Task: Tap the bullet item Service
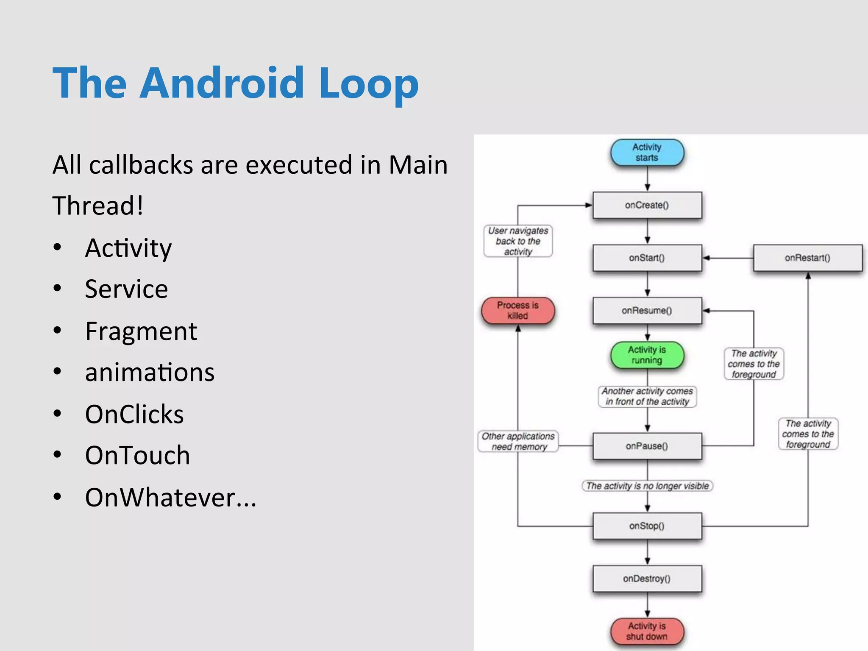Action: [126, 289]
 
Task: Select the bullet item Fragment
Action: [141, 331]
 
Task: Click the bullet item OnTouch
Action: [137, 455]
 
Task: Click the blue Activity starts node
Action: [647, 152]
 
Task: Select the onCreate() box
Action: [647, 205]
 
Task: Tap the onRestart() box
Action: [807, 258]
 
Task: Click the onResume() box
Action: [647, 311]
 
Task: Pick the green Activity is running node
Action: [647, 355]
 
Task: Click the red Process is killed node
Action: [518, 310]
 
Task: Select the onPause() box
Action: [647, 446]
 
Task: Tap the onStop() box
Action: [647, 526]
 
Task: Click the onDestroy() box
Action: [647, 579]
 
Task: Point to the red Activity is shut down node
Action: [647, 631]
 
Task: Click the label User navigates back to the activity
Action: [518, 241]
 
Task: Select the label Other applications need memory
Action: [518, 441]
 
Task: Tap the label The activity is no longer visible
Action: [647, 486]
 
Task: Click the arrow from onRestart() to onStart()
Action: [727, 258]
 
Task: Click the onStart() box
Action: [647, 258]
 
